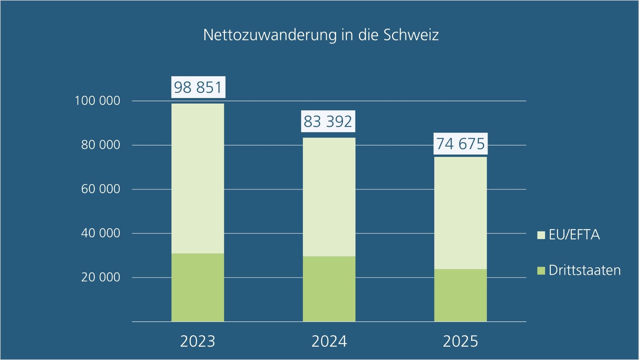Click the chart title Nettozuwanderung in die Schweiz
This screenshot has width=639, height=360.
[321, 35]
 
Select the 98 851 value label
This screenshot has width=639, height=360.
[198, 87]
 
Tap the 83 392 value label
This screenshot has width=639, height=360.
[328, 122]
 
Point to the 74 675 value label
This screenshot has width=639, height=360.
[460, 144]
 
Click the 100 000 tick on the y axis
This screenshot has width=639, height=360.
[98, 101]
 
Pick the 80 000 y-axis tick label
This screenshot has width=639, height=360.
[101, 145]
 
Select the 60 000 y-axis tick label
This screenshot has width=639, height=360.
[101, 189]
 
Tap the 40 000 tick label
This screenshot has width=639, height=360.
[101, 233]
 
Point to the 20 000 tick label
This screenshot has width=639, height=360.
[101, 277]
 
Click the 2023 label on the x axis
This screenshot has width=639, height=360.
[198, 341]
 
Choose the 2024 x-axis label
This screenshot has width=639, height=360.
[329, 341]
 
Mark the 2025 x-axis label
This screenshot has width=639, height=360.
[460, 341]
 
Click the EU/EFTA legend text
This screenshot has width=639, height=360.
[574, 235]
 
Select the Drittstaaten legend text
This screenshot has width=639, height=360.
[584, 270]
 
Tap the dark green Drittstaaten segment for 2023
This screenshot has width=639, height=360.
[198, 287]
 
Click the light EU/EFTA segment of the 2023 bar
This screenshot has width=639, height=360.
[198, 179]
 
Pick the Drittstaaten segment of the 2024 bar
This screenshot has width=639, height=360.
[329, 289]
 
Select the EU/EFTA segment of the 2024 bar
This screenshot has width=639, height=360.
[329, 197]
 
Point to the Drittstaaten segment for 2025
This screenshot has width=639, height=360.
[460, 295]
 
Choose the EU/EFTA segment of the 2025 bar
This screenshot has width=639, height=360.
[460, 213]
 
